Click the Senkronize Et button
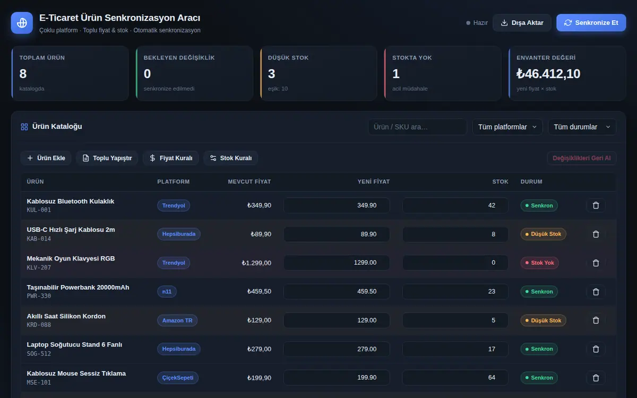(591, 23)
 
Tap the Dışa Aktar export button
(522, 23)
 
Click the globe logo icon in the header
(22, 23)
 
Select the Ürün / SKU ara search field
(417, 127)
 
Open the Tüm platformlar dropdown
(507, 127)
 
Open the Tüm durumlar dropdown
(582, 127)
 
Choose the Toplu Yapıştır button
(107, 158)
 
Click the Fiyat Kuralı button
(170, 158)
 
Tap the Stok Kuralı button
(230, 158)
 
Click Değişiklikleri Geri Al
(582, 158)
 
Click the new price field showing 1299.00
(337, 263)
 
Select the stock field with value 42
(455, 205)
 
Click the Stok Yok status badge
(539, 263)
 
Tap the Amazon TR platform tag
(177, 321)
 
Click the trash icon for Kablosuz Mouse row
(596, 378)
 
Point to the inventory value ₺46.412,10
(548, 74)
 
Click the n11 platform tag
(167, 292)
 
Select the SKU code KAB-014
(39, 239)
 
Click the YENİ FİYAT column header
(374, 181)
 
